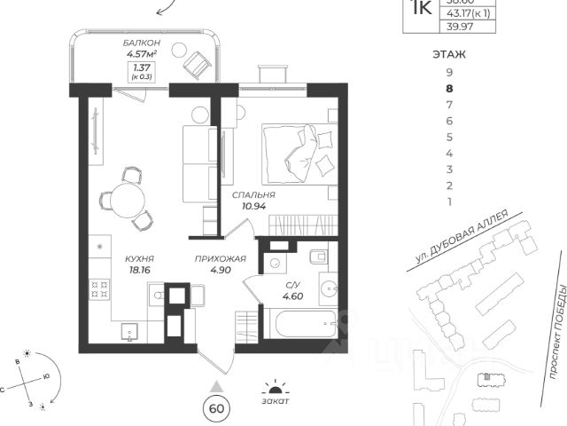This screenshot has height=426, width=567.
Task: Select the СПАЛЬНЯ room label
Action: [x=253, y=194]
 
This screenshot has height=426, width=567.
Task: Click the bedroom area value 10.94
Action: [x=253, y=206]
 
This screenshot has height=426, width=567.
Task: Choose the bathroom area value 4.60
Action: [x=292, y=296]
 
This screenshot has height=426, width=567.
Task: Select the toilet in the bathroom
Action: [x=319, y=257]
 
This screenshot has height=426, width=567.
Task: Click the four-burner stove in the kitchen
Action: [x=100, y=288]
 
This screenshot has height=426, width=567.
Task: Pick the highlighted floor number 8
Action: [x=450, y=88]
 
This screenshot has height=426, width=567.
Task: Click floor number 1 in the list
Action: [x=450, y=201]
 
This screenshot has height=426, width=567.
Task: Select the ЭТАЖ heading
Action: [x=449, y=54]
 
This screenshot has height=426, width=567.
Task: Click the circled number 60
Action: [x=214, y=408]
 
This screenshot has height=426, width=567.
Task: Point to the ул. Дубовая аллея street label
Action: [x=466, y=238]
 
